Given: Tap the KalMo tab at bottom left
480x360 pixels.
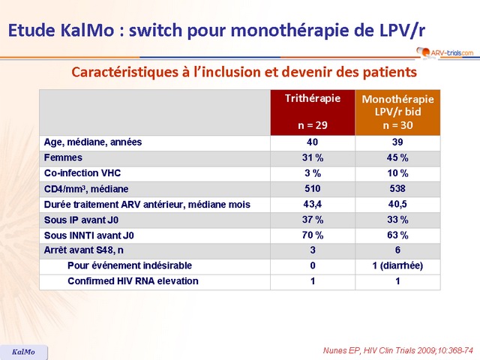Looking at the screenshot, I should [23, 352].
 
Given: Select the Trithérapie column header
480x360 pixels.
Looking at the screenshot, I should [312, 112].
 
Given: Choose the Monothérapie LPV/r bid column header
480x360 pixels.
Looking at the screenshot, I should [397, 112].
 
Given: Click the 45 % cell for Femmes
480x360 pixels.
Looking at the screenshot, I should [397, 157].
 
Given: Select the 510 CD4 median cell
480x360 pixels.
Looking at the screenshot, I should [312, 188].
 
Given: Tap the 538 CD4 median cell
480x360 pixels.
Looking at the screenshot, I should [397, 188].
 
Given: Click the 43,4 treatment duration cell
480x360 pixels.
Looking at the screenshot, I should [312, 204].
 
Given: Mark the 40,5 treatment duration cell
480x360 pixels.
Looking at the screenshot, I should [397, 204].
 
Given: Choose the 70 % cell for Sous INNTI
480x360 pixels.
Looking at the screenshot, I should [312, 235].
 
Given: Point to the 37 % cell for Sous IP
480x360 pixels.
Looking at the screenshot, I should [312, 220].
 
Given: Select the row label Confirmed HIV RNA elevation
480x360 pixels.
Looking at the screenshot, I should [133, 281].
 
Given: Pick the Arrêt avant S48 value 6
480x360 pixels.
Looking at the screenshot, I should [397, 250].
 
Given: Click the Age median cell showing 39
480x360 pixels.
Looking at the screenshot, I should [397, 142].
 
